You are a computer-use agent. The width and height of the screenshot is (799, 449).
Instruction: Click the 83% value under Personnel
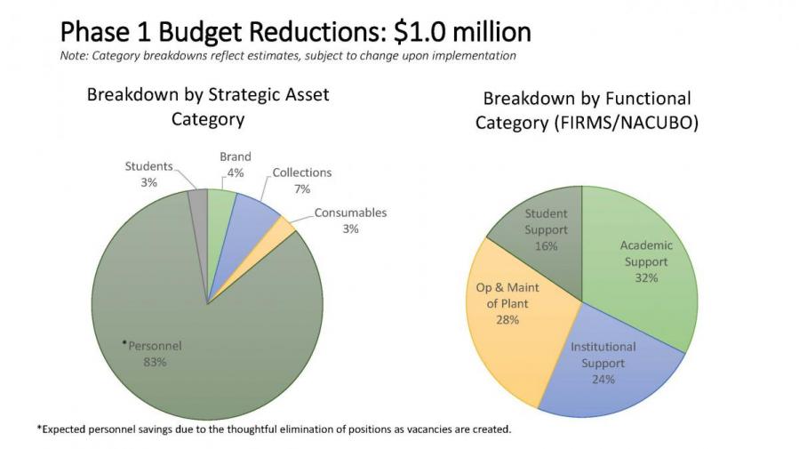155,362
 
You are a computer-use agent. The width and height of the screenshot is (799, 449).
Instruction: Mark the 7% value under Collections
301,189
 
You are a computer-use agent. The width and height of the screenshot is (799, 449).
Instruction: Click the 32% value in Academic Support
646,278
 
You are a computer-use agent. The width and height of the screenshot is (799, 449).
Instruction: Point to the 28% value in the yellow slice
507,320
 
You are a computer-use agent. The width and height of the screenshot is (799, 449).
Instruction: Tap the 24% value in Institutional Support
603,380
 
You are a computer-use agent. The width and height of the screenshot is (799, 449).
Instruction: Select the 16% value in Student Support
546,246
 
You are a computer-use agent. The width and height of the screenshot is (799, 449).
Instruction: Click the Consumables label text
350,213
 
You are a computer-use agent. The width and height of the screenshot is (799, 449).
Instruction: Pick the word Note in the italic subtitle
74,55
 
